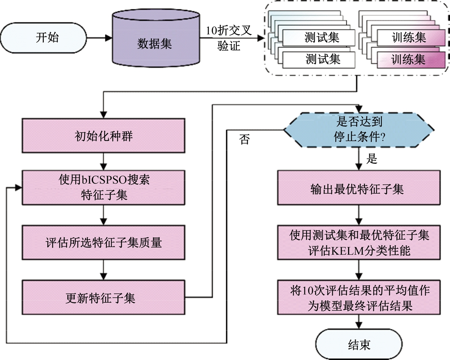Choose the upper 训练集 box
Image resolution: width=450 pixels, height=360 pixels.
pyautogui.click(x=409, y=38)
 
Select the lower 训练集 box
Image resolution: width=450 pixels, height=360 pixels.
pyautogui.click(x=409, y=59)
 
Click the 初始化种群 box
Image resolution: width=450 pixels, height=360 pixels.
pyautogui.click(x=103, y=136)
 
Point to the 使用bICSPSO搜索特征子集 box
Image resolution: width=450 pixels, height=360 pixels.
pyautogui.click(x=103, y=187)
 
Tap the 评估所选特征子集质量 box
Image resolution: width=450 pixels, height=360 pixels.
pyautogui.click(x=103, y=242)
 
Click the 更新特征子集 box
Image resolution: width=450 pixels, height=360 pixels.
pyautogui.click(x=103, y=298)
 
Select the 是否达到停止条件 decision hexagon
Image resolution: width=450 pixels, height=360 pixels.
pyautogui.click(x=359, y=129)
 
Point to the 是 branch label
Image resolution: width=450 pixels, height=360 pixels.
pyautogui.click(x=372, y=159)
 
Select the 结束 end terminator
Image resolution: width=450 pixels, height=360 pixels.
pyautogui.click(x=359, y=344)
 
